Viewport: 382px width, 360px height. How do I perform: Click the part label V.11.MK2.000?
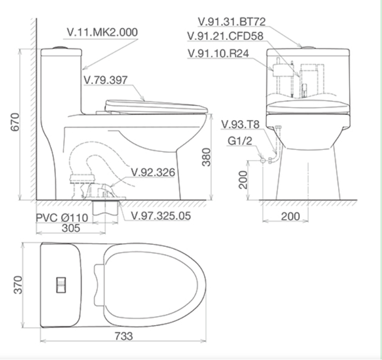tap(102, 32)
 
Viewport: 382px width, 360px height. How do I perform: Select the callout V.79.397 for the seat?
tap(105, 80)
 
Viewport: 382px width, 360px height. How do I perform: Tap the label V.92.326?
tap(152, 173)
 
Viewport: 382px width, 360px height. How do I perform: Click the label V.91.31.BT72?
tap(232, 22)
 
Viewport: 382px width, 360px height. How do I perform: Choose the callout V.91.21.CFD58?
tap(226, 37)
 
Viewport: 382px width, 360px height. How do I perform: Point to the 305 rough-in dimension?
tap(72, 228)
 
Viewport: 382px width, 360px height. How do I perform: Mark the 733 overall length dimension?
tap(123, 336)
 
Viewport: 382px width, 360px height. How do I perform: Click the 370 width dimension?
tap(17, 285)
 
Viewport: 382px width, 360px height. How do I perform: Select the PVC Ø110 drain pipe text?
tap(62, 218)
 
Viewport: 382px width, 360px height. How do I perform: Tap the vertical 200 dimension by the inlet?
tap(244, 179)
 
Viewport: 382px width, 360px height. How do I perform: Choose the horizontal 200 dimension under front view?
tap(290, 216)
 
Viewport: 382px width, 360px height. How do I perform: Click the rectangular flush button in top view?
tap(61, 285)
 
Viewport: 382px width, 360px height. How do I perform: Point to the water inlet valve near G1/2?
tap(263, 160)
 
